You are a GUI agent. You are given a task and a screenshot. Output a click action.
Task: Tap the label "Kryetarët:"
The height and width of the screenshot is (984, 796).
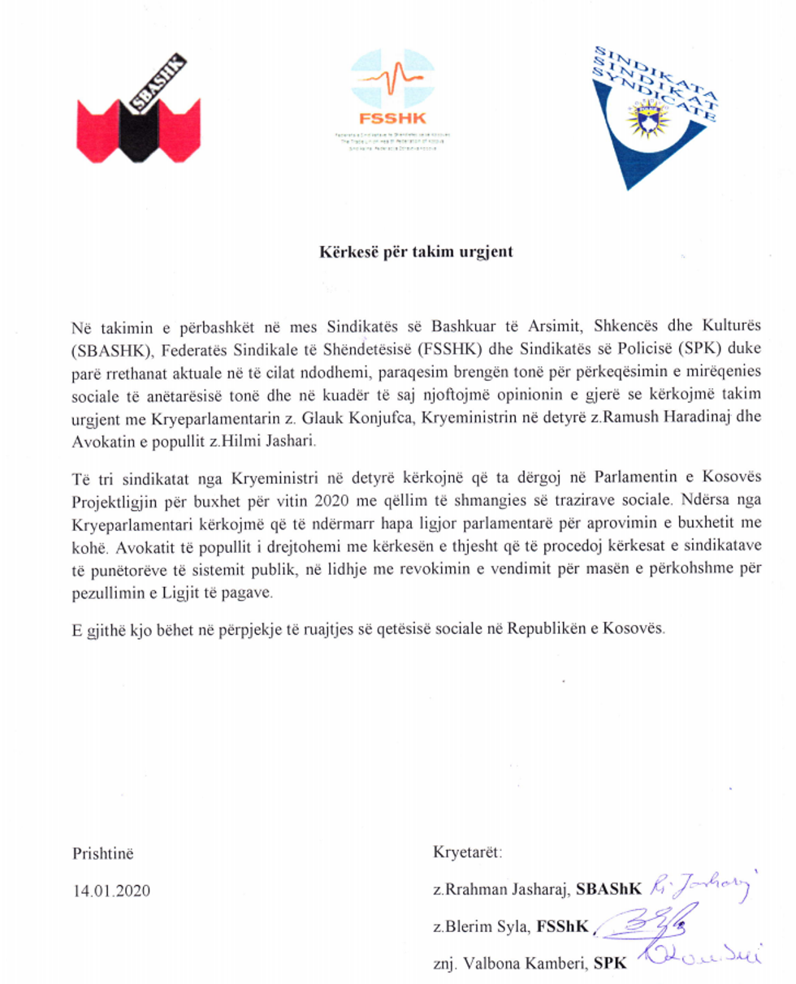point(469,853)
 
